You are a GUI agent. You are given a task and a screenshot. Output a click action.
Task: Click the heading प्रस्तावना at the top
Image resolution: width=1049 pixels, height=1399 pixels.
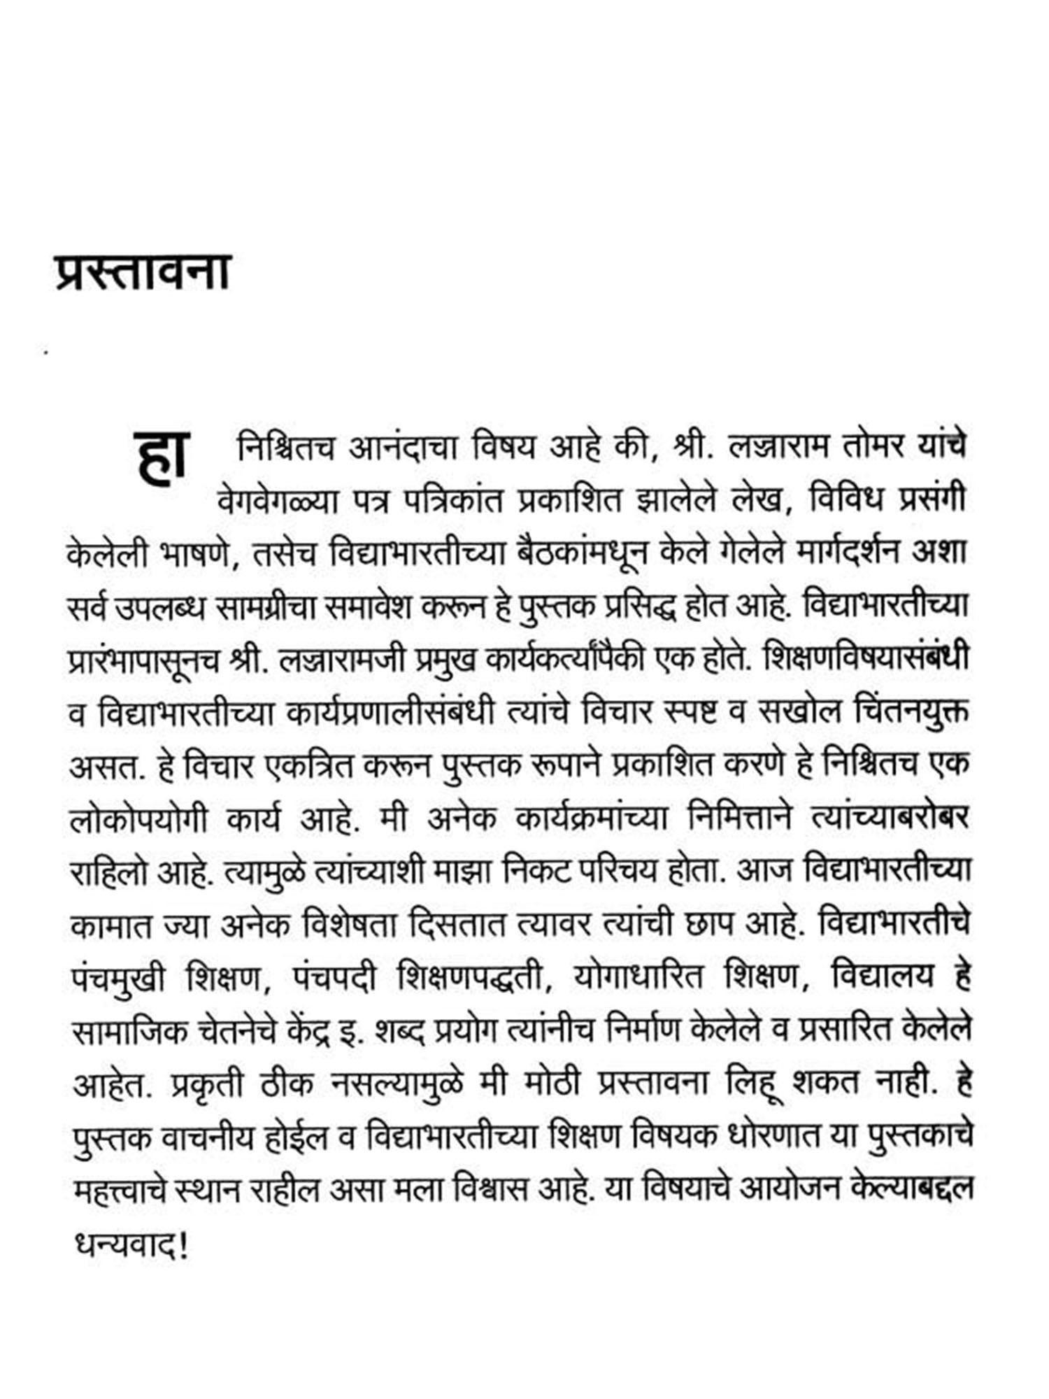[143, 271]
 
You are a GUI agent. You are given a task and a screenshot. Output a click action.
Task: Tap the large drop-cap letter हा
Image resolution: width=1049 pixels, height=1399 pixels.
[160, 456]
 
